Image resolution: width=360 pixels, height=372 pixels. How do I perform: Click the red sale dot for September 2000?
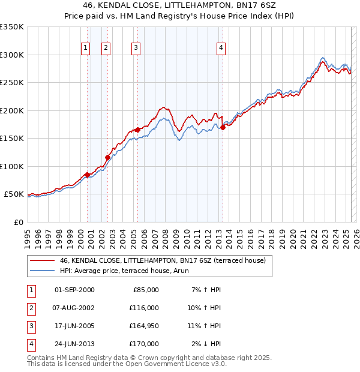click(87, 175)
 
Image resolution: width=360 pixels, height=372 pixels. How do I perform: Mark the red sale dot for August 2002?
click(107, 158)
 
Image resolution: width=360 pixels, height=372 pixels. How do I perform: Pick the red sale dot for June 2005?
click(137, 130)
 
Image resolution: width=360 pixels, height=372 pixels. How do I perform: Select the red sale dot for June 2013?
click(223, 127)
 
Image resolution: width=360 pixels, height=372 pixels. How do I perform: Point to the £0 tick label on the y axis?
click(19, 222)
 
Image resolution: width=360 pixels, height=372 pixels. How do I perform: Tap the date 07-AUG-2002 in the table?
click(74, 308)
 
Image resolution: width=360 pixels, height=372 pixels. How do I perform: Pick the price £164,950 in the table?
click(143, 326)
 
